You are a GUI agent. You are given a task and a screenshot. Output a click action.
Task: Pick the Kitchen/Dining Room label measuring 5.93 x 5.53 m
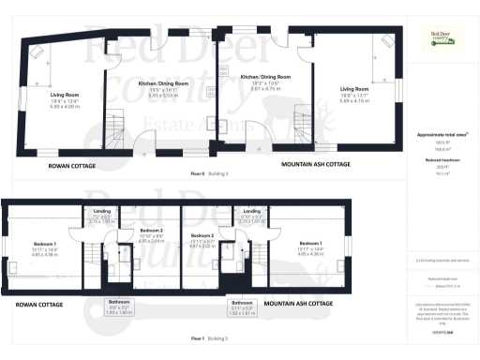pos(163,88)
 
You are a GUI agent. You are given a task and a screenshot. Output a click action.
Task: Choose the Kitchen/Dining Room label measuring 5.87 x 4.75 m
pos(265,82)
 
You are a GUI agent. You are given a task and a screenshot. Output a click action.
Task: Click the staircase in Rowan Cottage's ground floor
pos(114,122)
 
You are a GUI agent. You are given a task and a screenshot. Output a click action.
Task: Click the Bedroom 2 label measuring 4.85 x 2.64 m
pos(152,234)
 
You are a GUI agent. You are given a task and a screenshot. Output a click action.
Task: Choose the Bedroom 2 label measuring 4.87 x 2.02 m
pos(202,240)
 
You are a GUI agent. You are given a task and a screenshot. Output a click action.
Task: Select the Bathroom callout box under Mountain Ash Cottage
pos(242,307)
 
